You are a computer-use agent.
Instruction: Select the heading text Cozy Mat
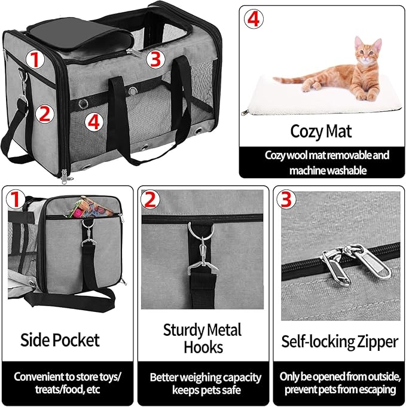click(x=321, y=131)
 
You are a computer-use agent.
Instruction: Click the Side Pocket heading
click(x=60, y=340)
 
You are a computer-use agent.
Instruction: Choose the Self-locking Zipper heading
click(x=340, y=342)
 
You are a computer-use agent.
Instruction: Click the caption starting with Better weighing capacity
click(x=205, y=383)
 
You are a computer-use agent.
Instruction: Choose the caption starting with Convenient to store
click(x=68, y=383)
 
